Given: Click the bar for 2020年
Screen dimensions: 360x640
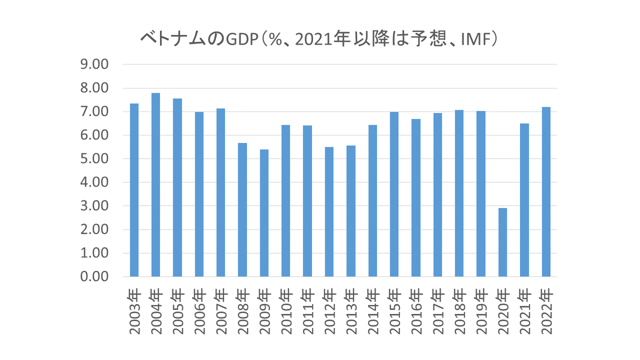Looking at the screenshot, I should pos(502,242).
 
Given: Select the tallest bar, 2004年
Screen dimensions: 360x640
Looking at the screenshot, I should pos(156,185).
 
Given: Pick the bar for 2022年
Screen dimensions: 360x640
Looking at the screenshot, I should pos(546,191).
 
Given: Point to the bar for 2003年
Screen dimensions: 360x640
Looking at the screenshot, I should pos(134,190).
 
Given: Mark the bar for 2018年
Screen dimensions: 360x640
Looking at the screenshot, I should pos(459,193).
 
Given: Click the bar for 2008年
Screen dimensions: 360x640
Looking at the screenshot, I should pos(242,210).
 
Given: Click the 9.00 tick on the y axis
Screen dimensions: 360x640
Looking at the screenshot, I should pos(94,65).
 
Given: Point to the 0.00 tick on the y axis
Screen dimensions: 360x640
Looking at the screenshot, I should pos(94,277).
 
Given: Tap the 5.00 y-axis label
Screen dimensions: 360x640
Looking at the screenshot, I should pos(94,159).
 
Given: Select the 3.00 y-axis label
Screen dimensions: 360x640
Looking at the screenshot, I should pos(94,206).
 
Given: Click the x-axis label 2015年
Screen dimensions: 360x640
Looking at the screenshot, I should pos(394,311).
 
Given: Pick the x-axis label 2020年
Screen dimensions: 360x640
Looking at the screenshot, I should pos(502,311).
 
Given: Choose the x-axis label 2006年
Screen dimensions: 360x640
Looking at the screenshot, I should pos(199,311).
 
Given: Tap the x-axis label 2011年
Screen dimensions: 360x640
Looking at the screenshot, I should pos(307,311).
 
